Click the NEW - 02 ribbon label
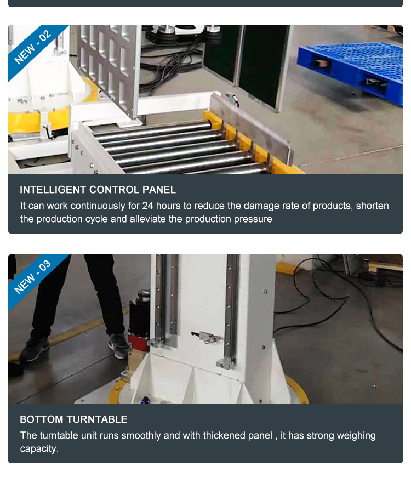[33, 46]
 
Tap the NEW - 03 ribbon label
[33, 276]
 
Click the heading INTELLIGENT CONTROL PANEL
[98, 190]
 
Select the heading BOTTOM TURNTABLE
[73, 419]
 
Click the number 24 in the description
[148, 206]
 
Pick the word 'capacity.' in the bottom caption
[39, 449]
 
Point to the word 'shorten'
[373, 206]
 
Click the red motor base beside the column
[139, 342]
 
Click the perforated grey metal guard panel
[106, 68]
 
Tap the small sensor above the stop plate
[232, 99]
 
